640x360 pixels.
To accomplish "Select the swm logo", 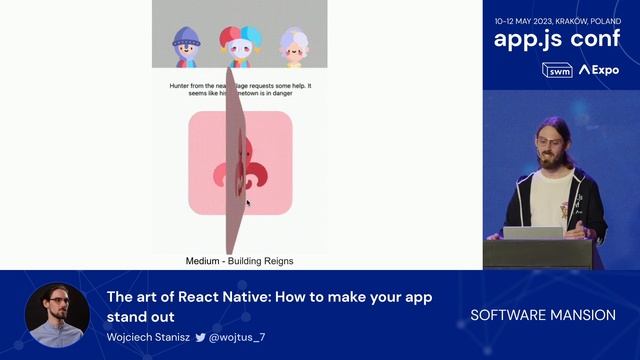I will [x=556, y=70].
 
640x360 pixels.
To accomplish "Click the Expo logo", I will [x=599, y=70].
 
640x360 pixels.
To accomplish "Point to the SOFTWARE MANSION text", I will [x=543, y=315].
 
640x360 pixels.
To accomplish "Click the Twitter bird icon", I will [x=200, y=338].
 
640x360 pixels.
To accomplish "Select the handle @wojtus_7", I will [x=237, y=338].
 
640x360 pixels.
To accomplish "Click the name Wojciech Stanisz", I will [x=148, y=338].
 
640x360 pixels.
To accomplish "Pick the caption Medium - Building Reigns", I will [x=239, y=261].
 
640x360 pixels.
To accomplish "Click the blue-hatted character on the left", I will [x=187, y=47].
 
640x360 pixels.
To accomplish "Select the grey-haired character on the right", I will [x=293, y=47].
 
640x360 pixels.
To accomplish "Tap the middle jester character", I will [x=240, y=46].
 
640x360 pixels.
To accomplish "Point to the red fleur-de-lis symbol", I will [x=240, y=163].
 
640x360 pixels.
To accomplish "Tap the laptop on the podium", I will [x=532, y=232].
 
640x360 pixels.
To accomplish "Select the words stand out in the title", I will [x=140, y=316].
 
